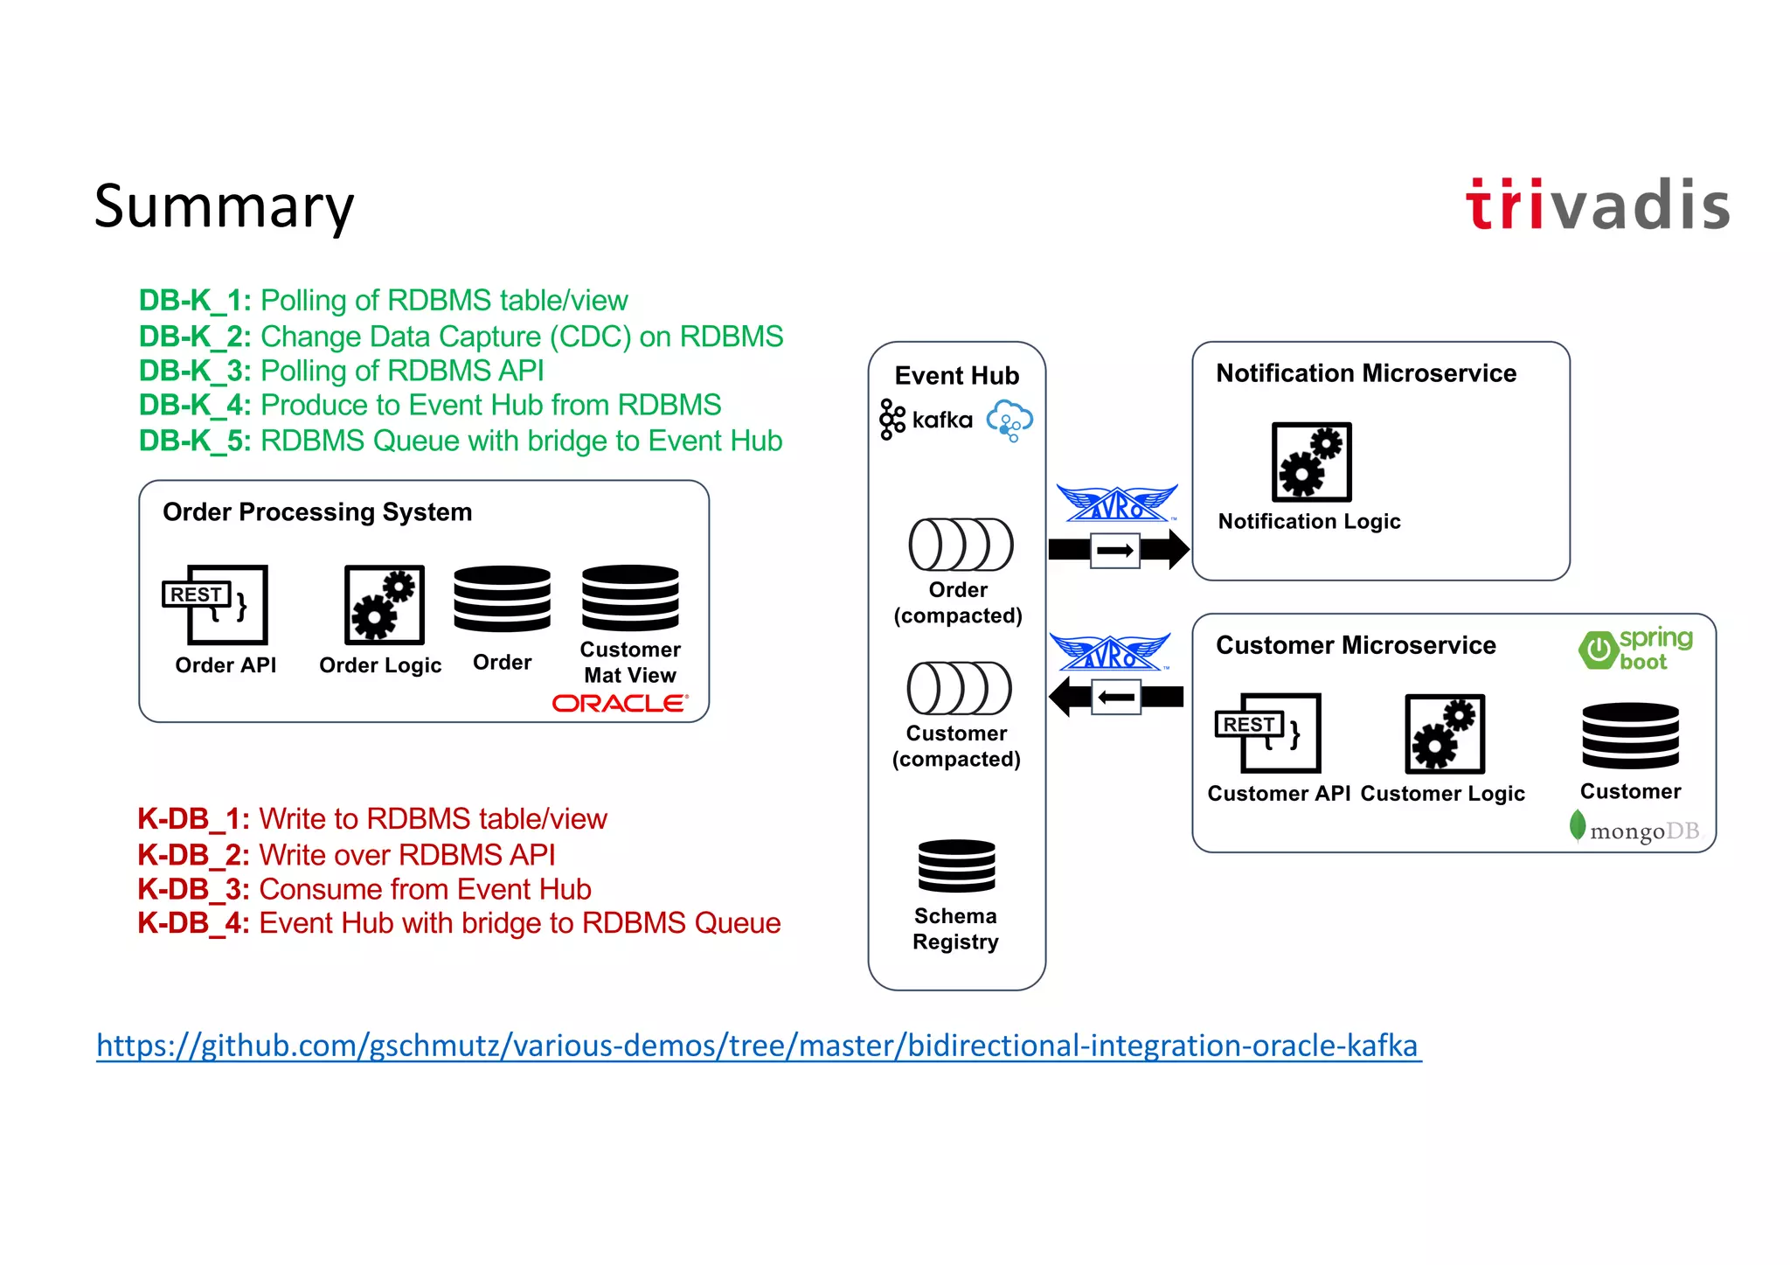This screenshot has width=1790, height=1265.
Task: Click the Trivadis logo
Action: tap(1598, 205)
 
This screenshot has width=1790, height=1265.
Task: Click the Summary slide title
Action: tap(224, 206)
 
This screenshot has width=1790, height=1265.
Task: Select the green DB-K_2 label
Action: tap(194, 337)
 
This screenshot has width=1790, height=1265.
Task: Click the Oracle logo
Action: tap(620, 703)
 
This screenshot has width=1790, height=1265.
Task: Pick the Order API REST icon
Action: tap(216, 604)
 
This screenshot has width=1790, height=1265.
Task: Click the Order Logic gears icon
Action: tap(384, 604)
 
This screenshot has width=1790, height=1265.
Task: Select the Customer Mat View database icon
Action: tap(630, 598)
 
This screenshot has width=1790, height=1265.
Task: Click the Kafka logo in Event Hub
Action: tap(926, 420)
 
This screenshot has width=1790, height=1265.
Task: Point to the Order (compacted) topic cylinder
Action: tap(960, 545)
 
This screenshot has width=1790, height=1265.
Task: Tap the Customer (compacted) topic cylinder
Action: tap(959, 688)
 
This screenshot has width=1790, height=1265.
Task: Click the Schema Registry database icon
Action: tap(956, 865)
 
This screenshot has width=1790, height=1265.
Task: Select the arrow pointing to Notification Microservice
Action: tap(1118, 550)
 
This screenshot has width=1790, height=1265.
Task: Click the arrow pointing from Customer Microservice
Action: tap(1115, 697)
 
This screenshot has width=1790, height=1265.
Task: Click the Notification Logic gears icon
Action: tap(1311, 462)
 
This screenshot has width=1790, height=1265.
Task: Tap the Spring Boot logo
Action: tap(1635, 650)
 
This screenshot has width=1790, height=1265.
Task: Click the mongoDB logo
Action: tap(1635, 829)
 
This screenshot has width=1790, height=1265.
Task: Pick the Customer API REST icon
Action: tap(1268, 733)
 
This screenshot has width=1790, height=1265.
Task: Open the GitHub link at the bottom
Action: tap(757, 1046)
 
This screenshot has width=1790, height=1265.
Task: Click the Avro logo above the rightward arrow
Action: tap(1116, 504)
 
